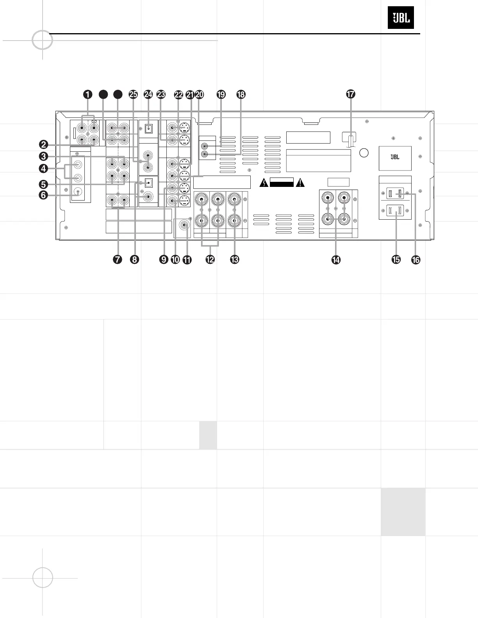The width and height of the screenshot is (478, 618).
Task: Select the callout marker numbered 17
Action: (350, 94)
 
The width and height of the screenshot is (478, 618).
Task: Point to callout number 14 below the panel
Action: (335, 259)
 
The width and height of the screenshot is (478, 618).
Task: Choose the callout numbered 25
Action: (133, 94)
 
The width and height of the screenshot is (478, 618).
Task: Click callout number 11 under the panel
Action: (187, 259)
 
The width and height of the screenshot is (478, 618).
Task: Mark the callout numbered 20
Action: (199, 94)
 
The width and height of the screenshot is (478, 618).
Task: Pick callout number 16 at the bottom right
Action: (416, 259)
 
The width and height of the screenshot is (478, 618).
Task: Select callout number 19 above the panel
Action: (221, 94)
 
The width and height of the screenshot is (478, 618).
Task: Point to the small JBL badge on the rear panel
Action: (395, 157)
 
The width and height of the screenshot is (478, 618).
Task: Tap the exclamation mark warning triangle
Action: (300, 182)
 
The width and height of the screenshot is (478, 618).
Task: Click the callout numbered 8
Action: (134, 259)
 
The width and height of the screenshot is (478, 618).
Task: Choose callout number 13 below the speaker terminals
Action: (234, 259)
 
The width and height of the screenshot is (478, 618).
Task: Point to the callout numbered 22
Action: (178, 94)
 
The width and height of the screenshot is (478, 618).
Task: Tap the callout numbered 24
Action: (148, 94)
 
